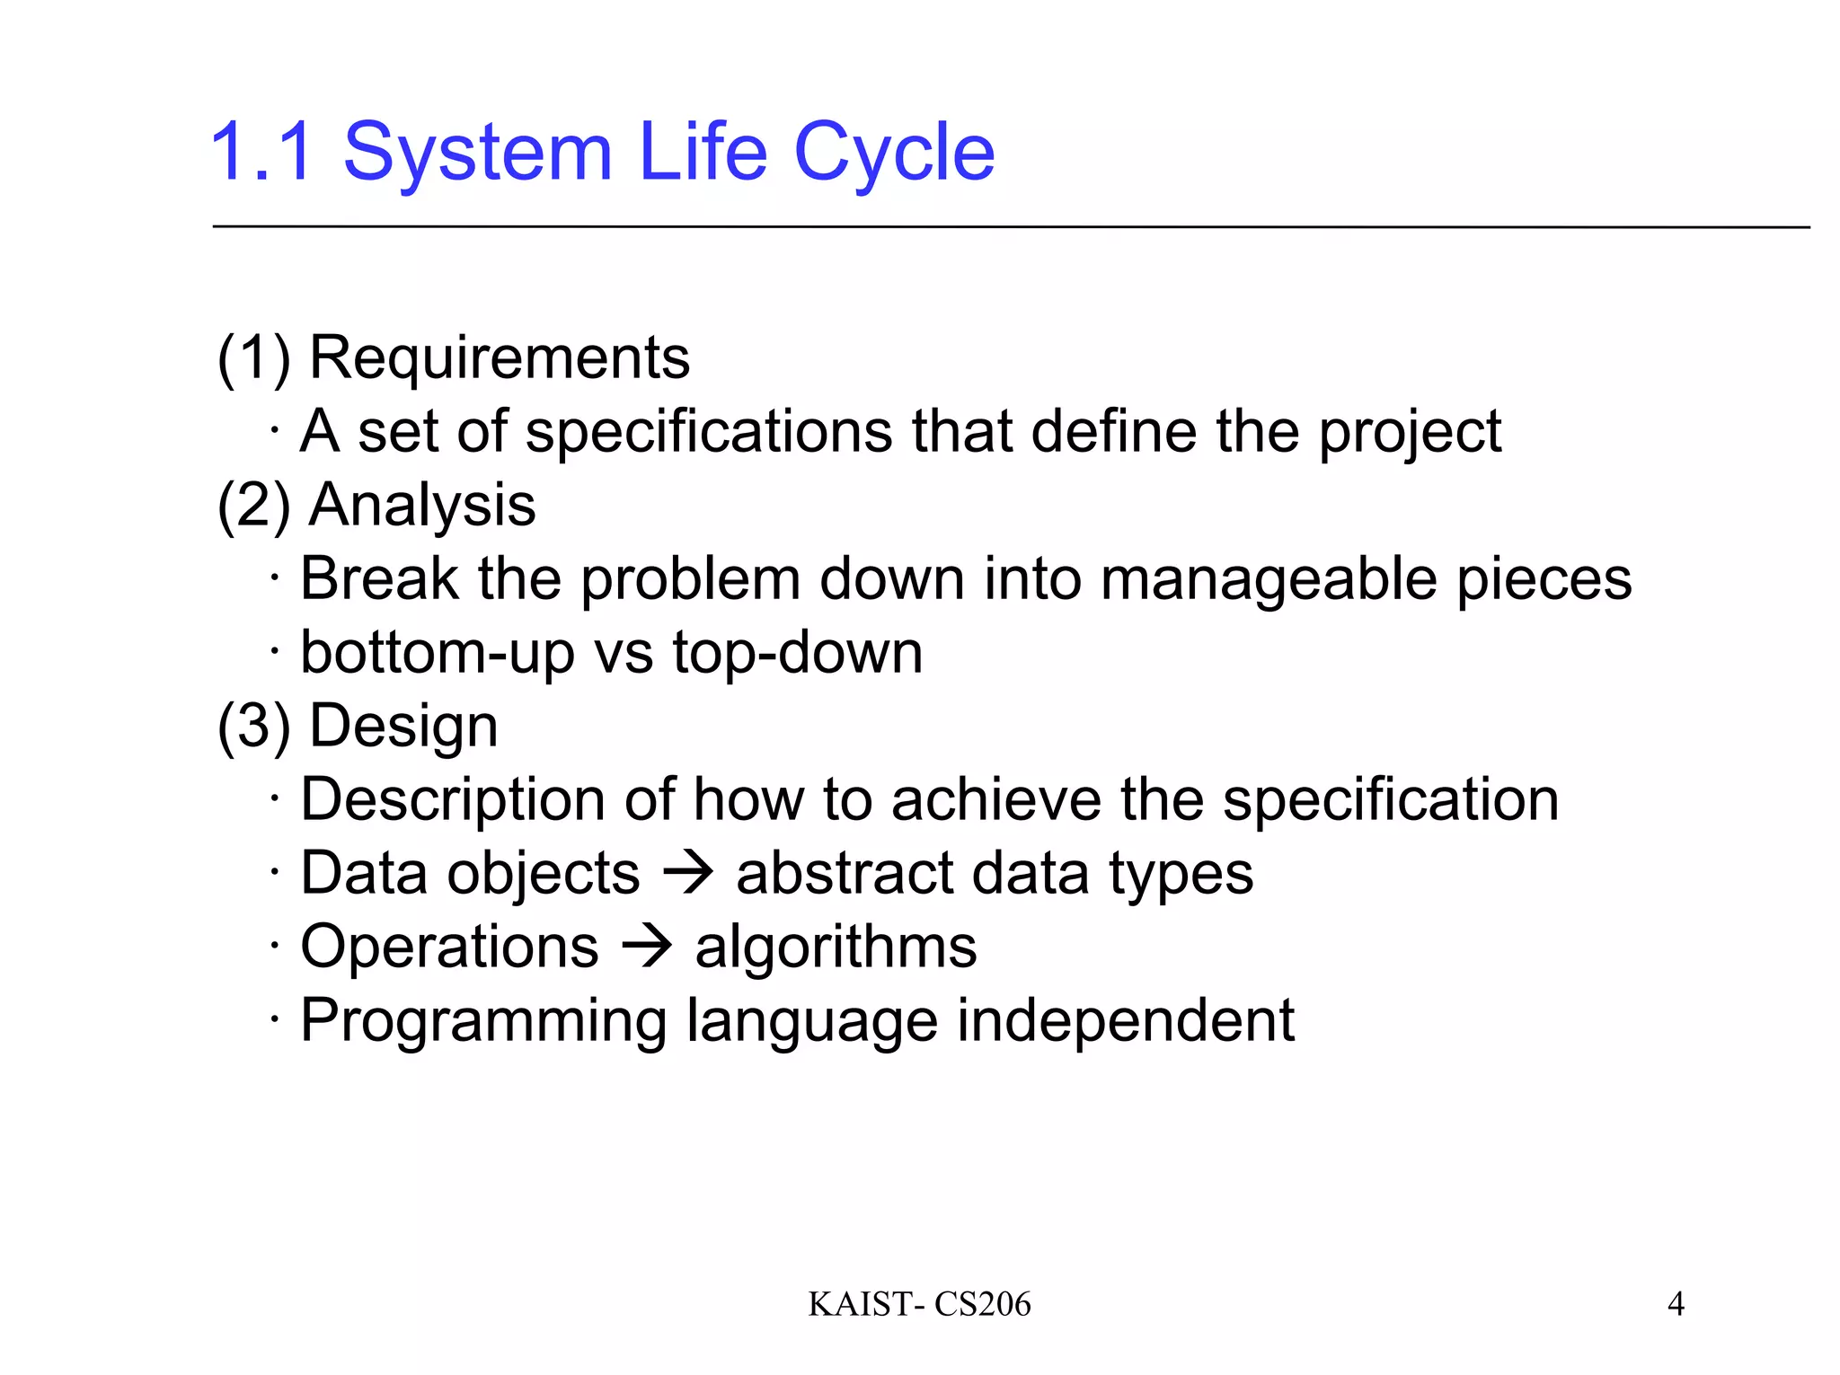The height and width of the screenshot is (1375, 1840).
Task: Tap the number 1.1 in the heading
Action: [262, 153]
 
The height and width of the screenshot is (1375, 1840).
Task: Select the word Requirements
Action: [500, 357]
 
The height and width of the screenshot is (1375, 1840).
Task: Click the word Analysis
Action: [422, 505]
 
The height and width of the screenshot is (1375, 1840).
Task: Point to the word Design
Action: [403, 726]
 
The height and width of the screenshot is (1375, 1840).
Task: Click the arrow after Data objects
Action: [688, 873]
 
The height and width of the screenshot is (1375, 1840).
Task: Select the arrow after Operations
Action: [647, 947]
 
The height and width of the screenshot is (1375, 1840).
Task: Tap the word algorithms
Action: [836, 948]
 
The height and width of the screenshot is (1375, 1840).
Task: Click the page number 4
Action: [1676, 1303]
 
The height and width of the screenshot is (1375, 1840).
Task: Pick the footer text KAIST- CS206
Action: [919, 1304]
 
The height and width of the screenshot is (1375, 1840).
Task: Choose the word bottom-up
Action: [437, 654]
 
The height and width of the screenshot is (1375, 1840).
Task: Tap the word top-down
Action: [798, 654]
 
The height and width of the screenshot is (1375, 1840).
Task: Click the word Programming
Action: [483, 1022]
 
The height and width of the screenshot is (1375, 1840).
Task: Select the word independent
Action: [1125, 1022]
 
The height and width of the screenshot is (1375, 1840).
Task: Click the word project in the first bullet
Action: [1410, 433]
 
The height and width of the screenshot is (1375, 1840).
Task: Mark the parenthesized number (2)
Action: [254, 505]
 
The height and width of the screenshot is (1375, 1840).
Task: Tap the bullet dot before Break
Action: [275, 577]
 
